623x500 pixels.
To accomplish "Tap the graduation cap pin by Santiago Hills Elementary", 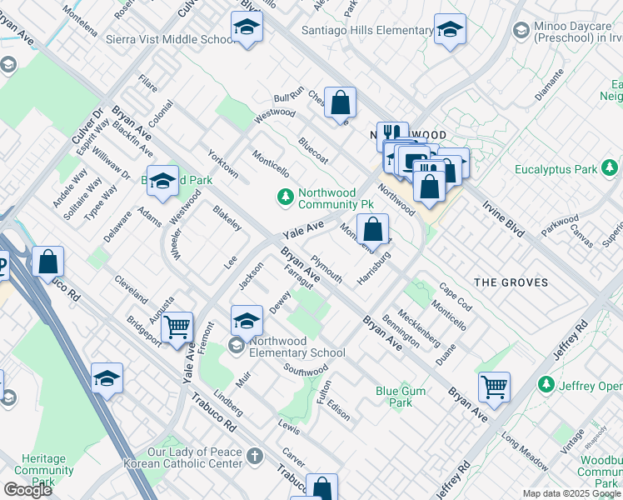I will tap(450, 30).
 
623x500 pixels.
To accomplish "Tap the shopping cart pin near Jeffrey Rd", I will tap(495, 387).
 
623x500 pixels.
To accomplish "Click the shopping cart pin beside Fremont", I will tap(177, 327).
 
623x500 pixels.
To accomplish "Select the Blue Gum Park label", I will tap(400, 397).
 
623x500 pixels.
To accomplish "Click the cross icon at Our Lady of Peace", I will tap(254, 456).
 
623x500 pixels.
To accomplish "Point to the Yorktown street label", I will tap(223, 163).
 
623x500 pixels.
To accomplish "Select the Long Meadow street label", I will tap(522, 447).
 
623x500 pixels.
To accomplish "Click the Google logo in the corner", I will tap(27, 490).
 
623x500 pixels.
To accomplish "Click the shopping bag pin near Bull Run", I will tap(340, 103).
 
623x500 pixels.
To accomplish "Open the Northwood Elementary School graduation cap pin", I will tap(247, 320).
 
